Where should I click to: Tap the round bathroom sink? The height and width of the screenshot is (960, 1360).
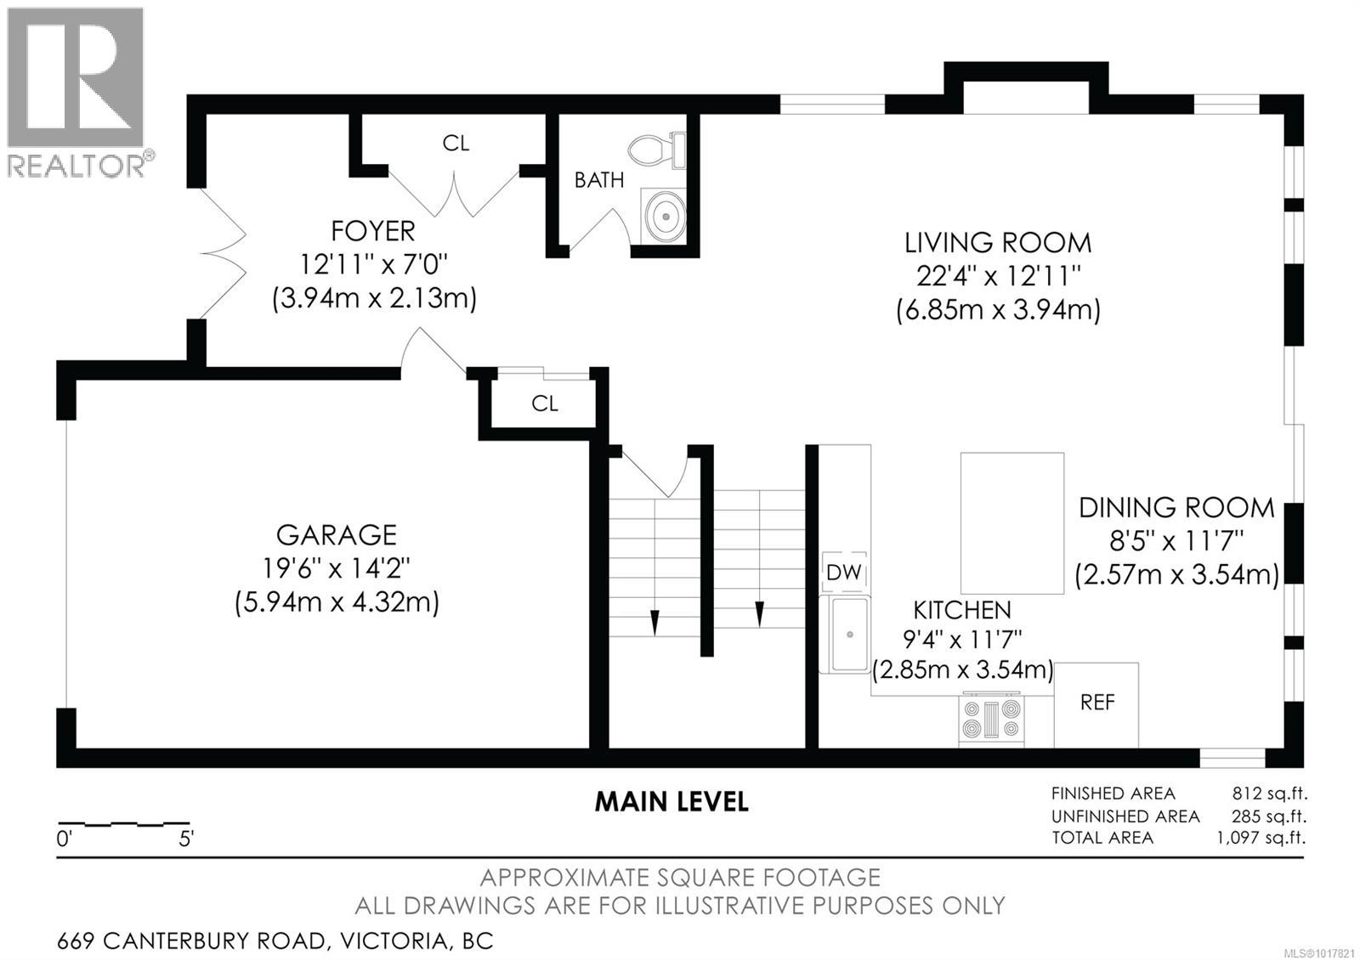[x=664, y=216]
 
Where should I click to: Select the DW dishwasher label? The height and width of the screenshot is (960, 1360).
[x=843, y=573]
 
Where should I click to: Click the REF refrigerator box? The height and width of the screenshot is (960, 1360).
[x=1096, y=703]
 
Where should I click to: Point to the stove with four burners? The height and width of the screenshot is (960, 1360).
[x=991, y=720]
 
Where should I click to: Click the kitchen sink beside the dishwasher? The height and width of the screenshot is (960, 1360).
[x=847, y=634]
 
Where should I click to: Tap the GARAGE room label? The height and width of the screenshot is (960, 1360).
[x=336, y=534]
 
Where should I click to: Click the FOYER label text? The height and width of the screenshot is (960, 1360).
[x=372, y=231]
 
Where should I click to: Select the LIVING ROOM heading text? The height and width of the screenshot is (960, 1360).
[x=998, y=243]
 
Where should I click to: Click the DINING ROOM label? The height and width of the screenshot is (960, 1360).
[x=1176, y=508]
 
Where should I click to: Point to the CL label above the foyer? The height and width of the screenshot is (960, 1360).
[x=456, y=144]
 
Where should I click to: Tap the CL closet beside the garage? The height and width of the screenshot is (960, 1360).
[x=544, y=404]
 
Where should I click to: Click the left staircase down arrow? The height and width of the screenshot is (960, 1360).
[x=654, y=621]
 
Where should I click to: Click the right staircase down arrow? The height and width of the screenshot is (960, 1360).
[x=759, y=613]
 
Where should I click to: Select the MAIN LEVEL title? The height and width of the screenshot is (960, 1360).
[x=671, y=801]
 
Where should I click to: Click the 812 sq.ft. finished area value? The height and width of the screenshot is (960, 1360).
[x=1269, y=793]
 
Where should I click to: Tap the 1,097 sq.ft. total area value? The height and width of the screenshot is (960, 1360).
[x=1261, y=838]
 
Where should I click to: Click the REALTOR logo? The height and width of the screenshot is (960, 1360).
[x=76, y=91]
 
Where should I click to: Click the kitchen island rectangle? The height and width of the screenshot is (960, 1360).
[x=1012, y=523]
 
